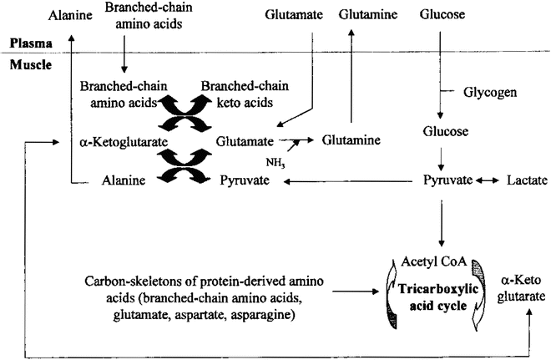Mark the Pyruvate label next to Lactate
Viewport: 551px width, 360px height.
pyautogui.click(x=448, y=180)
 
